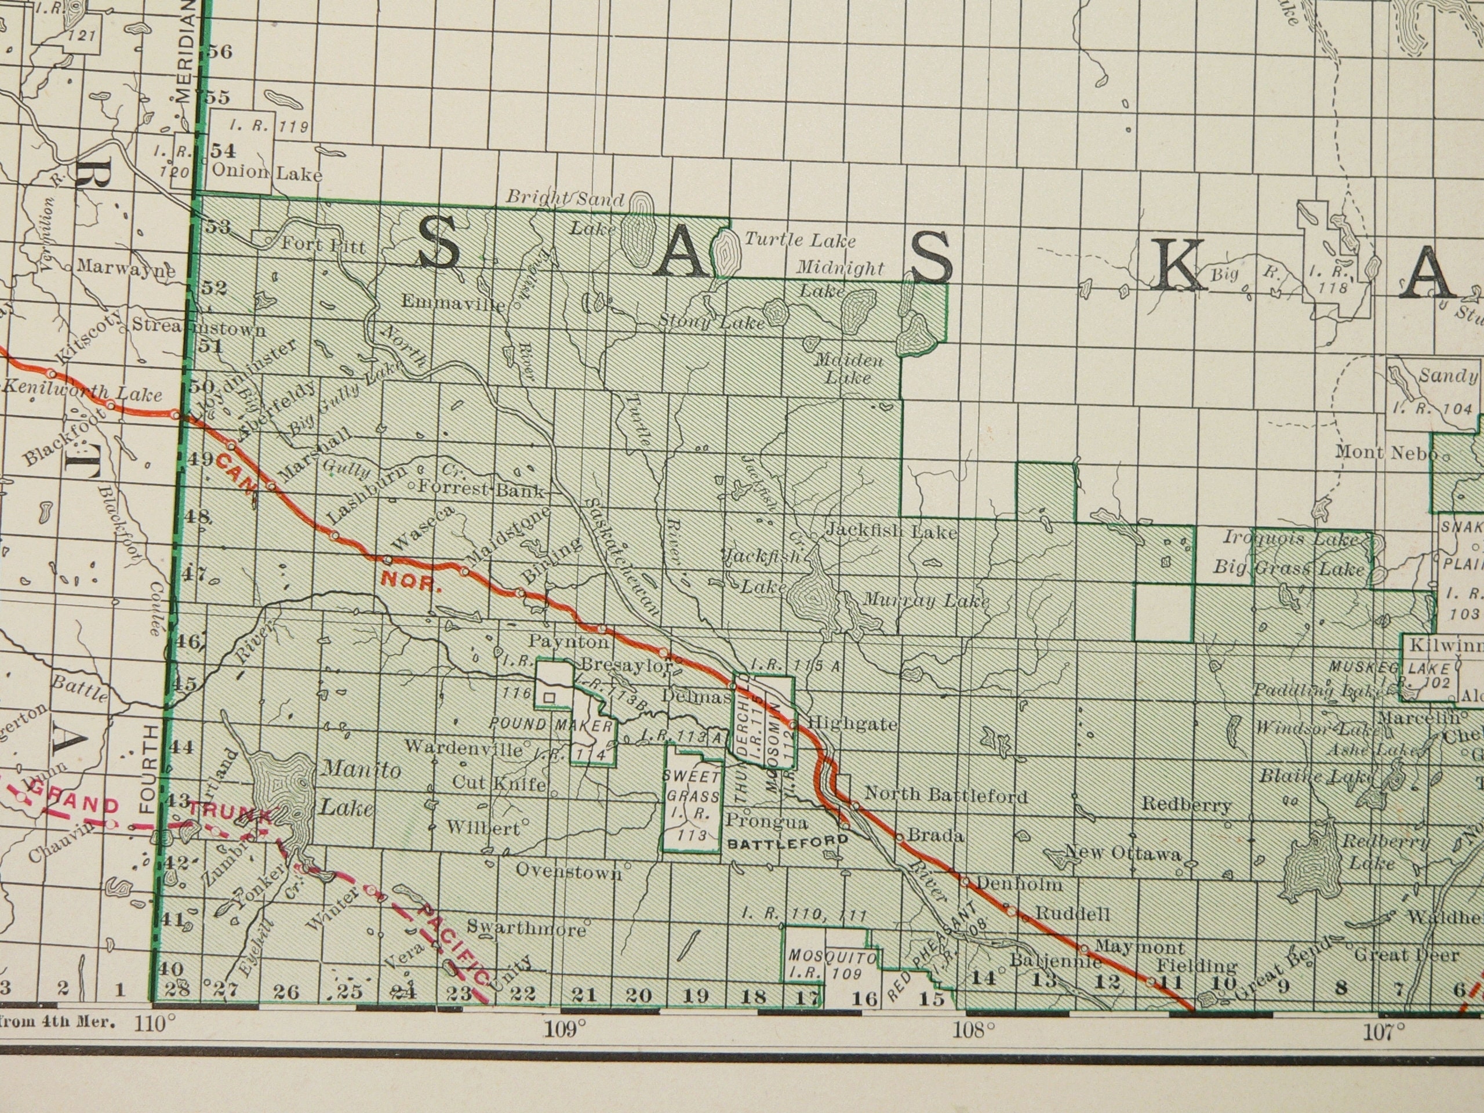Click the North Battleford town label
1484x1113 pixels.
pyautogui.click(x=946, y=796)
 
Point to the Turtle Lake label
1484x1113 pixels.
pyautogui.click(x=800, y=239)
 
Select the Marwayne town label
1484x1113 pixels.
pyautogui.click(x=125, y=267)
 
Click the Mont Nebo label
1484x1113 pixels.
pyautogui.click(x=1385, y=452)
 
